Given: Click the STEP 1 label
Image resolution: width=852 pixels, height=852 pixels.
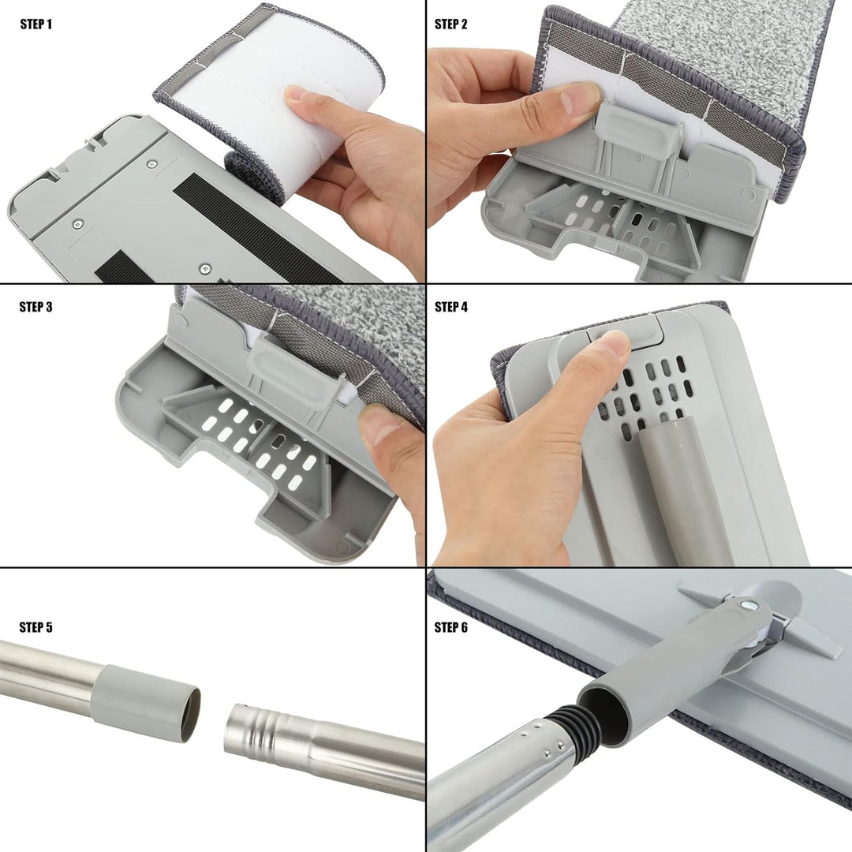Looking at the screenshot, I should coord(35,24).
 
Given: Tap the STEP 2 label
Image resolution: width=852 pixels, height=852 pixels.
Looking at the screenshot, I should coord(451,24).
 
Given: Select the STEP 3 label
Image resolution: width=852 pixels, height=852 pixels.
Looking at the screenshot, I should coord(35,307).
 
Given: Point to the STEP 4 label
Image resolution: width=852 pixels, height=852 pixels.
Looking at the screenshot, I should coord(451,307).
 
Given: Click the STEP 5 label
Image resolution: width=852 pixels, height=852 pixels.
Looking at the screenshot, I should coord(35,628).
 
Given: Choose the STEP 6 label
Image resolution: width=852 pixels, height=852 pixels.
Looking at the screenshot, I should coord(451,628).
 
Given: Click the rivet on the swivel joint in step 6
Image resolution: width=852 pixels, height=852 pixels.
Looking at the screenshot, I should coord(745,604).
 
